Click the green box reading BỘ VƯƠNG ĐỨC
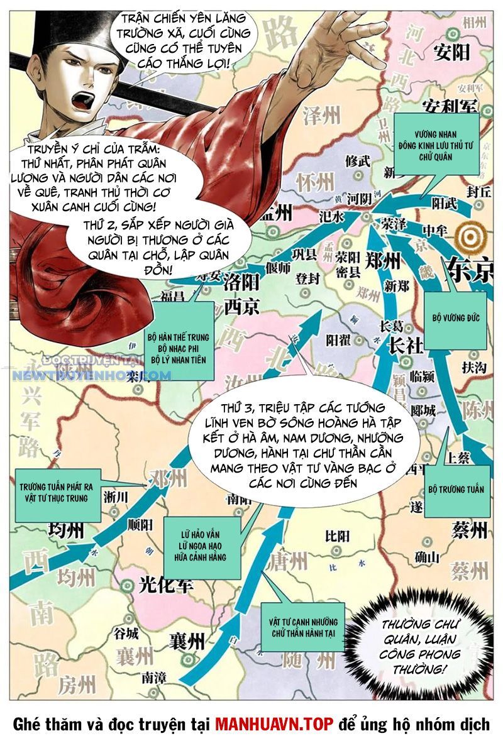tap(455, 318)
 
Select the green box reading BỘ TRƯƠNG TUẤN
tap(456, 489)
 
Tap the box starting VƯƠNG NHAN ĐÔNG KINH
tap(436, 144)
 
